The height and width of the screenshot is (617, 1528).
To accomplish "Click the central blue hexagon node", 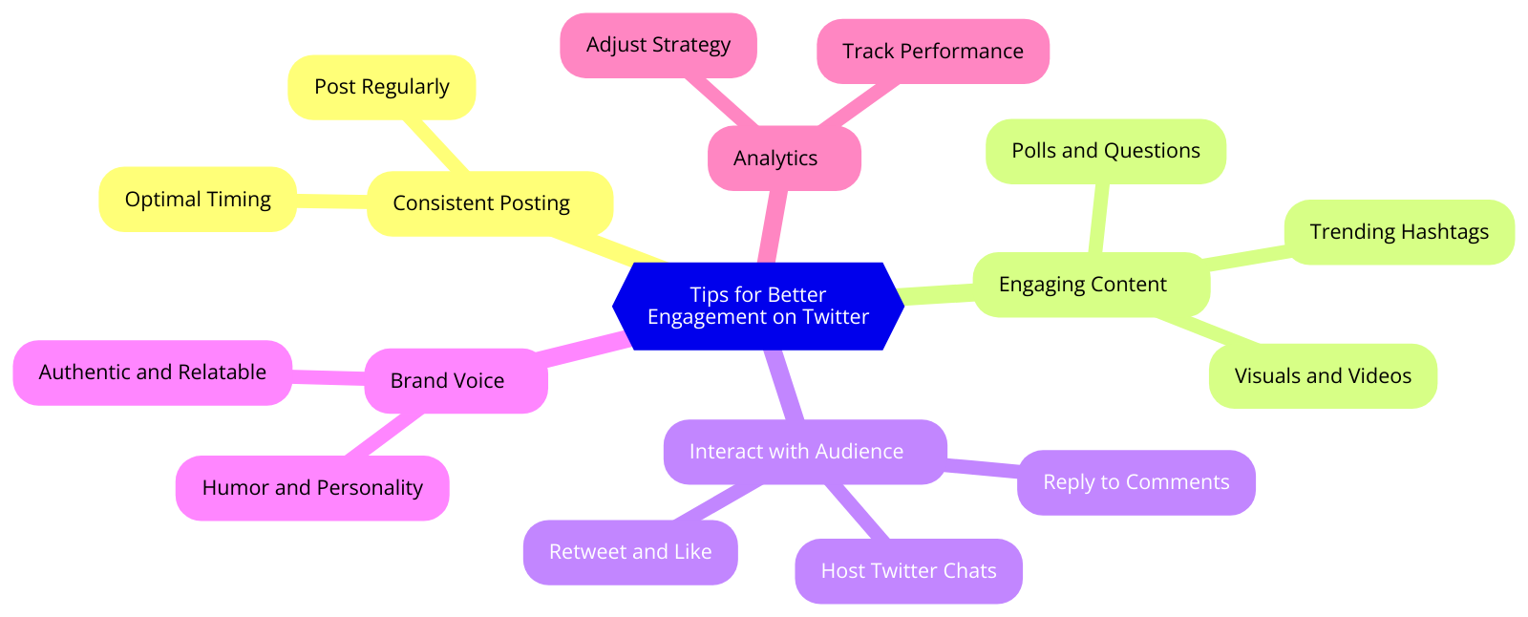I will point(757,306).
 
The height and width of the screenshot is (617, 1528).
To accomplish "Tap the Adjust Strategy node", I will point(658,45).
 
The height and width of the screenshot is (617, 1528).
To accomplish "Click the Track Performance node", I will point(932,52).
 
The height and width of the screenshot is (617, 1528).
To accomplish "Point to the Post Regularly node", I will point(381,87).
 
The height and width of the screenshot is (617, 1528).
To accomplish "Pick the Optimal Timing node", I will point(198,200).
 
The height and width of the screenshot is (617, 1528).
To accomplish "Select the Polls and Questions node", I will point(1105,151).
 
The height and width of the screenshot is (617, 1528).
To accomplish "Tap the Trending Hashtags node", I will point(1398,232).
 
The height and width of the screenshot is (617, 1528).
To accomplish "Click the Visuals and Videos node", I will point(1322,376).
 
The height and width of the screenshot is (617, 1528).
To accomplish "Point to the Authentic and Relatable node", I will point(152,372).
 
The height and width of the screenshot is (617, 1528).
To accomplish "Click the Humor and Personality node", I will point(311,488).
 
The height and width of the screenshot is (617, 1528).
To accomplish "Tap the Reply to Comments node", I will point(1135,482).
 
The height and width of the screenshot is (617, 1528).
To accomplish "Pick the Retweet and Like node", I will point(629,552).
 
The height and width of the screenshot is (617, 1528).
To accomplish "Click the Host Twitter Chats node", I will point(907,571).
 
